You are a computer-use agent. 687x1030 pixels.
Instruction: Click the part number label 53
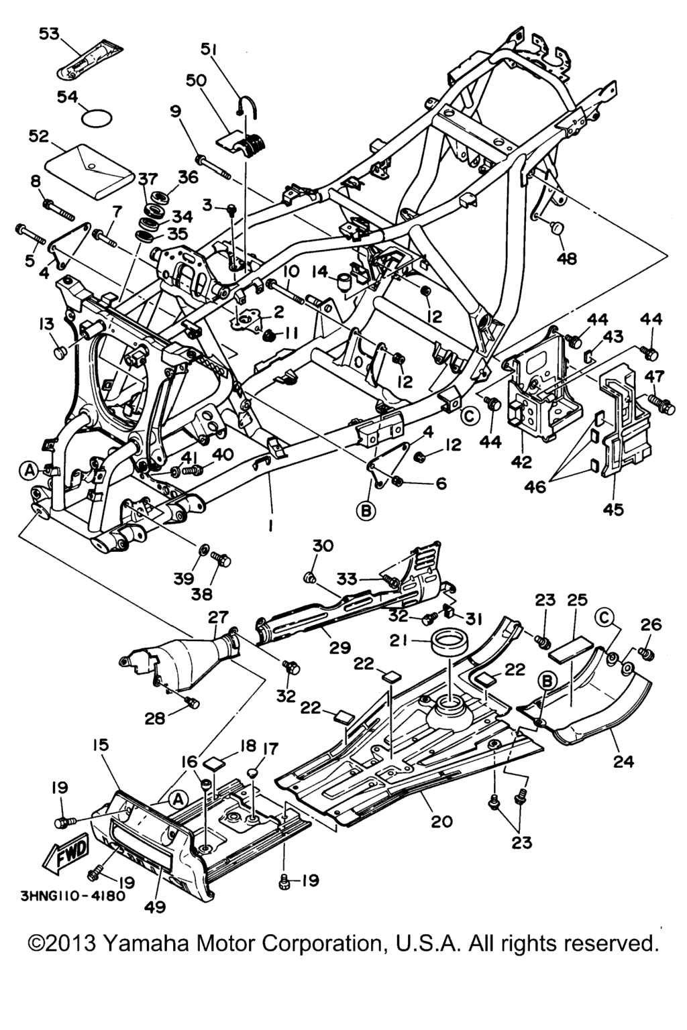(x=48, y=34)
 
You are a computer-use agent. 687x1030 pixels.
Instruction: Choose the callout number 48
(x=567, y=257)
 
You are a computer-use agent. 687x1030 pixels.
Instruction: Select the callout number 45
(x=613, y=509)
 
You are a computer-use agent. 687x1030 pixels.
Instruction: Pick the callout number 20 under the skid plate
(x=441, y=821)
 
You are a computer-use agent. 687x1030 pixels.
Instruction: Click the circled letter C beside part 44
(x=471, y=416)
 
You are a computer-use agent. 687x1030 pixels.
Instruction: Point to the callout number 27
(x=219, y=616)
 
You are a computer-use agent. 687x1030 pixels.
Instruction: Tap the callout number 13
(x=46, y=325)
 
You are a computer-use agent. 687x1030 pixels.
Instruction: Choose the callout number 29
(x=340, y=648)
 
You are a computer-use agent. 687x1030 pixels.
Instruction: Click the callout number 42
(x=522, y=462)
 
